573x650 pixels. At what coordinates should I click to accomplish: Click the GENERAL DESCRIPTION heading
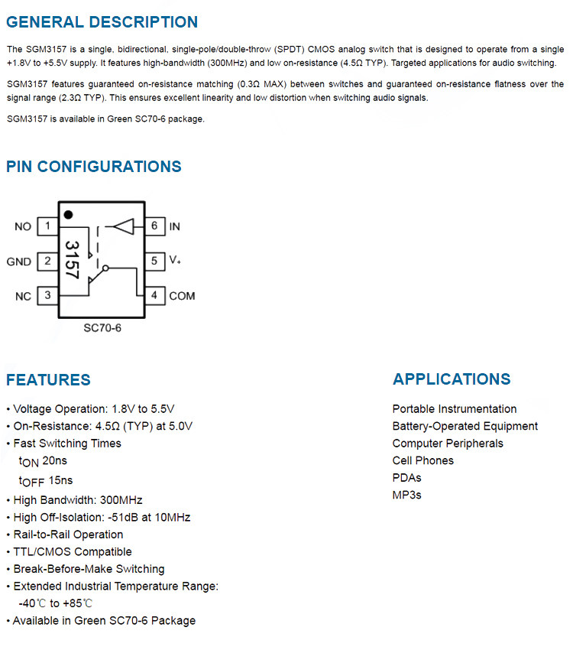click(x=102, y=22)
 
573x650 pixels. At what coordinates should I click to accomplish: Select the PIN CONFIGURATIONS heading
click(x=94, y=167)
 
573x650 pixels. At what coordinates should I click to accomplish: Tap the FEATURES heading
click(x=48, y=379)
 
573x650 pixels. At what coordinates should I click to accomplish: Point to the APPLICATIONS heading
click(x=452, y=379)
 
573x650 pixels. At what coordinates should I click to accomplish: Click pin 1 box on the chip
click(x=48, y=226)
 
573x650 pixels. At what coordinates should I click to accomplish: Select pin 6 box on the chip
click(x=154, y=226)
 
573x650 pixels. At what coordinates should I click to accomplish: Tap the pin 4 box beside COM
click(x=154, y=295)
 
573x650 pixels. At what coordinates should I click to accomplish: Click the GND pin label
click(x=19, y=262)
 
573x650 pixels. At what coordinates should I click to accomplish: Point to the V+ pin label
click(x=175, y=261)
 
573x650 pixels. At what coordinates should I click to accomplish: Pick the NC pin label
click(x=23, y=296)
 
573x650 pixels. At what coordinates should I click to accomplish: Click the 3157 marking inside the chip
click(x=73, y=260)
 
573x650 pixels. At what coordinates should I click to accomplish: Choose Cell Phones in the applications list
click(x=422, y=460)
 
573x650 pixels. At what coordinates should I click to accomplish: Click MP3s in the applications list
click(x=406, y=495)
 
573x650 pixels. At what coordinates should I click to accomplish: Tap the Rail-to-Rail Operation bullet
click(x=68, y=535)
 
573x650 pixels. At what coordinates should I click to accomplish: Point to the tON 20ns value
click(x=43, y=461)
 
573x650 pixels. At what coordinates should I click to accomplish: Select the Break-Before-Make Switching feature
click(x=89, y=569)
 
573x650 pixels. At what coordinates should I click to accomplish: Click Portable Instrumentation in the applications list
click(x=455, y=409)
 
